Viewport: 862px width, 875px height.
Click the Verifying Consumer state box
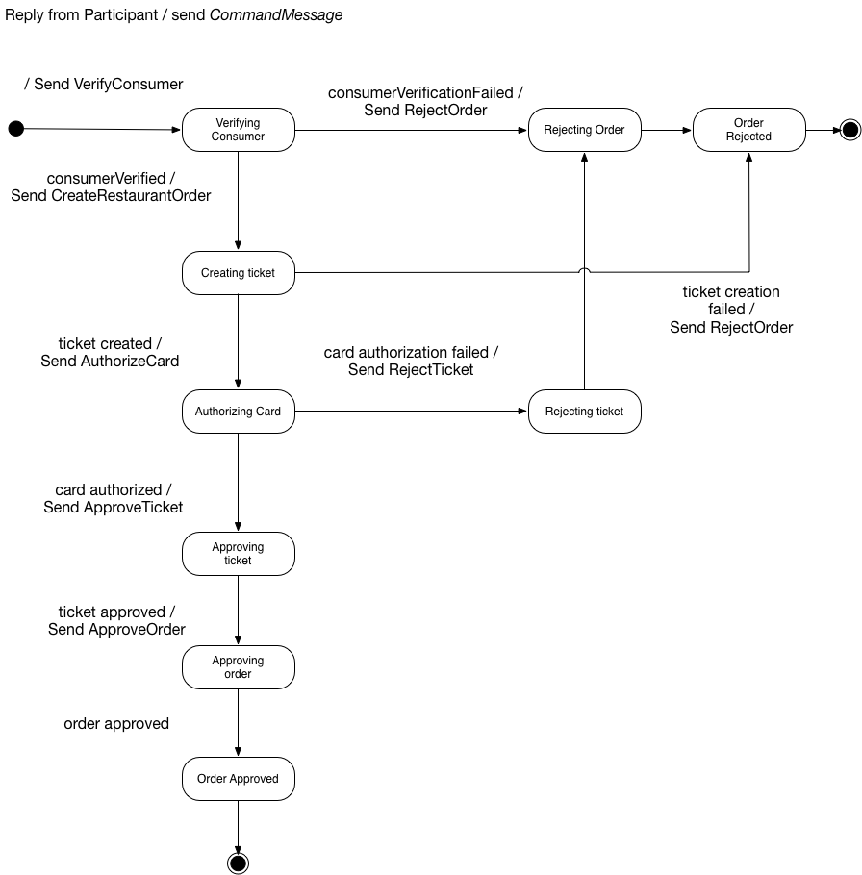pyautogui.click(x=238, y=130)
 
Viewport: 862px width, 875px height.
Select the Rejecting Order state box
pyautogui.click(x=584, y=130)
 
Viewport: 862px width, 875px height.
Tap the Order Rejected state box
pyautogui.click(x=748, y=130)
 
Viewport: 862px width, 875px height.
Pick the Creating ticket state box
pyautogui.click(x=238, y=273)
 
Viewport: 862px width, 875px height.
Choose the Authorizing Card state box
pyautogui.click(x=238, y=412)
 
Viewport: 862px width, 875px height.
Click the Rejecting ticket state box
pyautogui.click(x=584, y=412)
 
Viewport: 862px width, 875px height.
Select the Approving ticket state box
pyautogui.click(x=238, y=554)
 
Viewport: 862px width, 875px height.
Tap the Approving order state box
pyautogui.click(x=238, y=667)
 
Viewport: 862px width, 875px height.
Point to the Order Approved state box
pyautogui.click(x=238, y=779)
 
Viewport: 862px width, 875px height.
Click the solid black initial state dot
pyautogui.click(x=15, y=129)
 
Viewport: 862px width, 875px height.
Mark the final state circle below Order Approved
pyautogui.click(x=238, y=862)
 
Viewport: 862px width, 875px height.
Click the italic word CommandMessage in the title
pyautogui.click(x=284, y=15)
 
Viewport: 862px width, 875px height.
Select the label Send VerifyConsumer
pyautogui.click(x=108, y=85)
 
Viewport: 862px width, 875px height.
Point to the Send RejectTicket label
pyautogui.click(x=411, y=370)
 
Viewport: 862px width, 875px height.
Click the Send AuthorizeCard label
pyautogui.click(x=110, y=362)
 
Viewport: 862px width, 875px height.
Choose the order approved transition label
pyautogui.click(x=116, y=724)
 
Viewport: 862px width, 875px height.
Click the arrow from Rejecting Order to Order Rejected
pyautogui.click(x=666, y=130)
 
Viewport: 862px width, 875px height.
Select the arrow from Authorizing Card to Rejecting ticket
pyautogui.click(x=411, y=412)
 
